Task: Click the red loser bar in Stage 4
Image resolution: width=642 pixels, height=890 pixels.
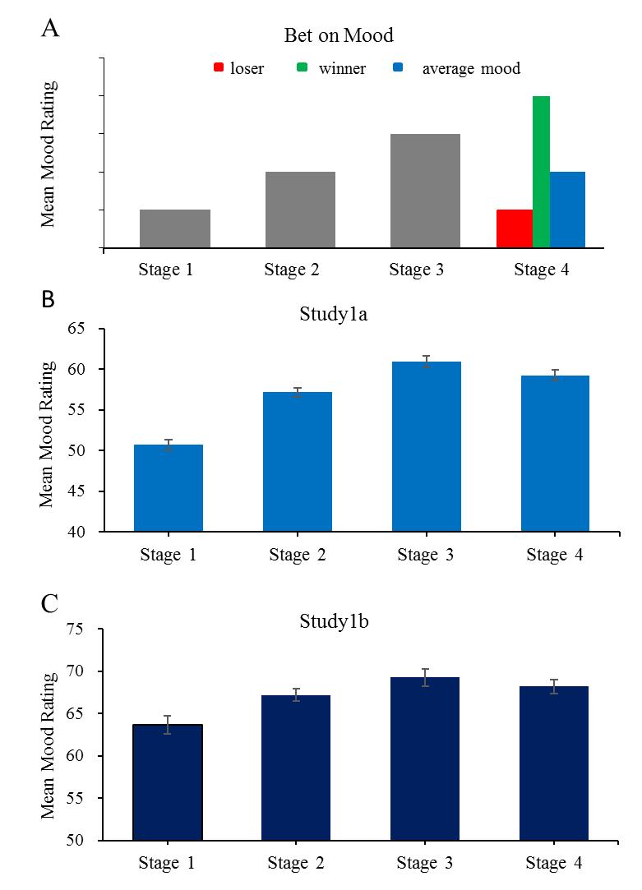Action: coord(514,228)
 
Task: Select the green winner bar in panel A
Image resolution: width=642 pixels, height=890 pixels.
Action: coord(541,171)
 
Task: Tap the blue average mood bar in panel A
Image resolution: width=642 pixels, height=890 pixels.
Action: coord(567,210)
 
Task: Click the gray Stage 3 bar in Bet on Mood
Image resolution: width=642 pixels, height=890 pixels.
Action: coord(425,190)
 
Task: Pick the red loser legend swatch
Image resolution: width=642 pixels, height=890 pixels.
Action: coord(218,68)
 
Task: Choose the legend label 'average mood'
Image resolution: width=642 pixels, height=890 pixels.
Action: coord(471,68)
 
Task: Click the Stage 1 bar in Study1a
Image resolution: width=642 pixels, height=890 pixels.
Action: coord(169,488)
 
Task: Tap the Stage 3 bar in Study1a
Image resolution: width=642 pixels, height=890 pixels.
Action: coord(426,446)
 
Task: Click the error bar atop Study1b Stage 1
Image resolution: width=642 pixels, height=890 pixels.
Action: coord(168,724)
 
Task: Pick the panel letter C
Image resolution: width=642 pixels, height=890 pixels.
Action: coord(49,606)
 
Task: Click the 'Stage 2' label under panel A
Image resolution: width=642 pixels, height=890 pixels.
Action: coord(291,270)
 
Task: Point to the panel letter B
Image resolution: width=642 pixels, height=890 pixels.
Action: coord(48,300)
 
